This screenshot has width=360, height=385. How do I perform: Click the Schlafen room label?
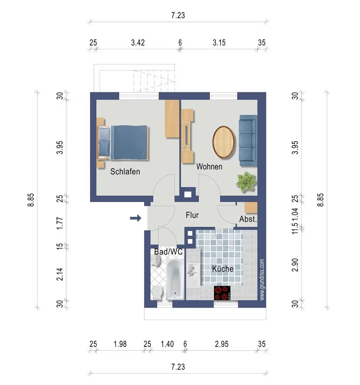pos(125,171)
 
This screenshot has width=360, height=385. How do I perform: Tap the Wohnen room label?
pos(209,166)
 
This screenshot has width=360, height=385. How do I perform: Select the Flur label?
pos(192,215)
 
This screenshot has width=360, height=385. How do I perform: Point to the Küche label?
pos(223,269)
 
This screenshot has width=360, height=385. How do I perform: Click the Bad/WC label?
pos(169,252)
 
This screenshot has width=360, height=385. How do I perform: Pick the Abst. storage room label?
pos(248,219)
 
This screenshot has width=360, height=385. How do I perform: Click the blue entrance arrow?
pos(136,218)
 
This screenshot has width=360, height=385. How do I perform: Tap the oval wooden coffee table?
pos(223,142)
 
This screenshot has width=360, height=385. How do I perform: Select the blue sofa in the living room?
pos(248,140)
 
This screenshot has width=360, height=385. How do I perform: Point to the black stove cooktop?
pos(222,293)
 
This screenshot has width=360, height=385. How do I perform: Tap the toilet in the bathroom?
pos(157,293)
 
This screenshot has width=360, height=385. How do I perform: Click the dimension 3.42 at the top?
pos(138,43)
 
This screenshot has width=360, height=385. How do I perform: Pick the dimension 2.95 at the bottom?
pos(221,344)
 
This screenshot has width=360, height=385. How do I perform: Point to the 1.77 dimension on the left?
pos(60,223)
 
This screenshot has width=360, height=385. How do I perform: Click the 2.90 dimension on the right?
pos(295,265)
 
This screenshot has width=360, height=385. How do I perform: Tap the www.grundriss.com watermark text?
pos(262,280)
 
